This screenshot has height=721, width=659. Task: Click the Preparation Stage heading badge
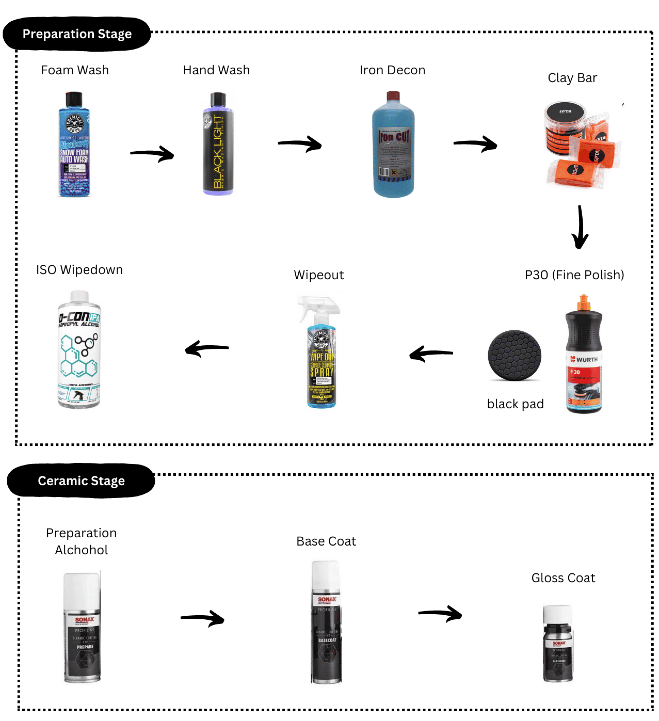click(x=77, y=34)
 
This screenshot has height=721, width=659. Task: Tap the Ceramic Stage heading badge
click(x=81, y=481)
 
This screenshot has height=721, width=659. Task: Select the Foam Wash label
click(x=75, y=70)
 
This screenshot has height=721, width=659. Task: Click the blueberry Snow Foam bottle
click(x=74, y=150)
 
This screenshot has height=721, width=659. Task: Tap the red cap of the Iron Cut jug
click(x=393, y=96)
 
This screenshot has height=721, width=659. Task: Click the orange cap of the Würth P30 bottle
click(x=584, y=302)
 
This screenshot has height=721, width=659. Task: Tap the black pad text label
click(x=515, y=404)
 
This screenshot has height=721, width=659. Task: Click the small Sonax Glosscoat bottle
click(x=558, y=644)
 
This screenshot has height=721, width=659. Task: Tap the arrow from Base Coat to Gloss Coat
click(x=440, y=614)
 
